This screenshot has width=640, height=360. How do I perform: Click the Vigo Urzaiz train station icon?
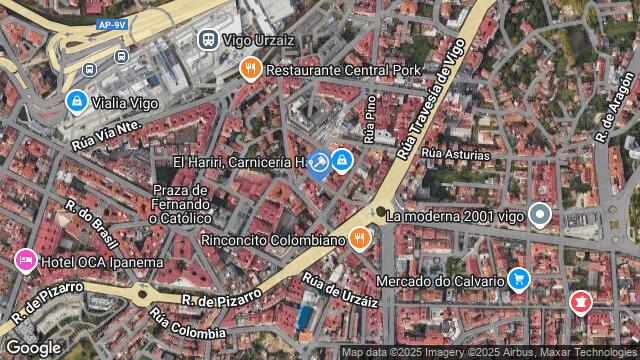208,40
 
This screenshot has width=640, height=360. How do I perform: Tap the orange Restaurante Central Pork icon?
250,70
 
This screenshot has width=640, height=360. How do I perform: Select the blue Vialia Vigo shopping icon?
76,101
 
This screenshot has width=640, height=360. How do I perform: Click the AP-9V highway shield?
112,24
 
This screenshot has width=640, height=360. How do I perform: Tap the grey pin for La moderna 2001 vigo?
541,214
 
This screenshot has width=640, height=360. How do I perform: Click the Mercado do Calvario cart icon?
518,279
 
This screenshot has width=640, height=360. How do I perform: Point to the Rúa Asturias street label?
456,155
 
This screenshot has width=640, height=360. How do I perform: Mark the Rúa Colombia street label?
187,325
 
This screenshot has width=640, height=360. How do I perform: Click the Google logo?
33,347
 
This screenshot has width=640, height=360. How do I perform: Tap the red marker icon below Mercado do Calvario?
580,300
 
